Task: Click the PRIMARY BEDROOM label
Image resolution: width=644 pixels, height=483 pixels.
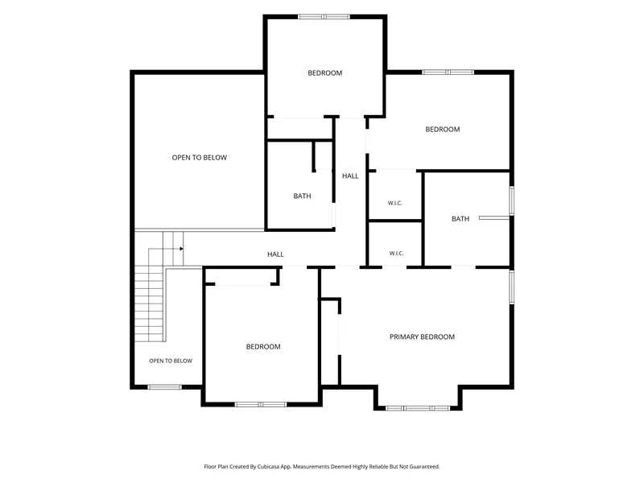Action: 422,336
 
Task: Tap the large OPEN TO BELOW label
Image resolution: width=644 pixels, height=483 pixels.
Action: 199,157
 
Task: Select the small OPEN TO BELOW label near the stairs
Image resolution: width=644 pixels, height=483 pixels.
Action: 171,361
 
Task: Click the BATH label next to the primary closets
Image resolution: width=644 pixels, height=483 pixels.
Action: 460,219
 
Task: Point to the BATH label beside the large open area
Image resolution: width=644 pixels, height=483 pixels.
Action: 302,196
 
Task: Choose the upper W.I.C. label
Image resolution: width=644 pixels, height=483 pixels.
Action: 394,203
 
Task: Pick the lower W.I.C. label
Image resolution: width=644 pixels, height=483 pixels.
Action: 396,253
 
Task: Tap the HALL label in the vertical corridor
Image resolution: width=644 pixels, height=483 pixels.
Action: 350,175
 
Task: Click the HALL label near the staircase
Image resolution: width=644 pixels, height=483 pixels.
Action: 275,254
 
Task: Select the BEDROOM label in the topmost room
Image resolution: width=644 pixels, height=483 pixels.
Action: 325,72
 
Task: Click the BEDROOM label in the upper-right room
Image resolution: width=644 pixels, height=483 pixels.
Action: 442,129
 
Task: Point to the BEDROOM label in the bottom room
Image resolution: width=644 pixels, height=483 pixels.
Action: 263,347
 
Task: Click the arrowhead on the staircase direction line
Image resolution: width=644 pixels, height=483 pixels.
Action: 181,249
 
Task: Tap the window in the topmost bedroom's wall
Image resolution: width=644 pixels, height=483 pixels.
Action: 324,17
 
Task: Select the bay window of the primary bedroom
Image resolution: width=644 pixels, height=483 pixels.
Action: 418,408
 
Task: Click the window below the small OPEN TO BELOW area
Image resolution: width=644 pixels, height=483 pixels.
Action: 164,387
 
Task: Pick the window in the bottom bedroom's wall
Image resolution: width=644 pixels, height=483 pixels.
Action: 261,405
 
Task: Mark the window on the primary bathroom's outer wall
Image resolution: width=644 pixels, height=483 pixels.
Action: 512,200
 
